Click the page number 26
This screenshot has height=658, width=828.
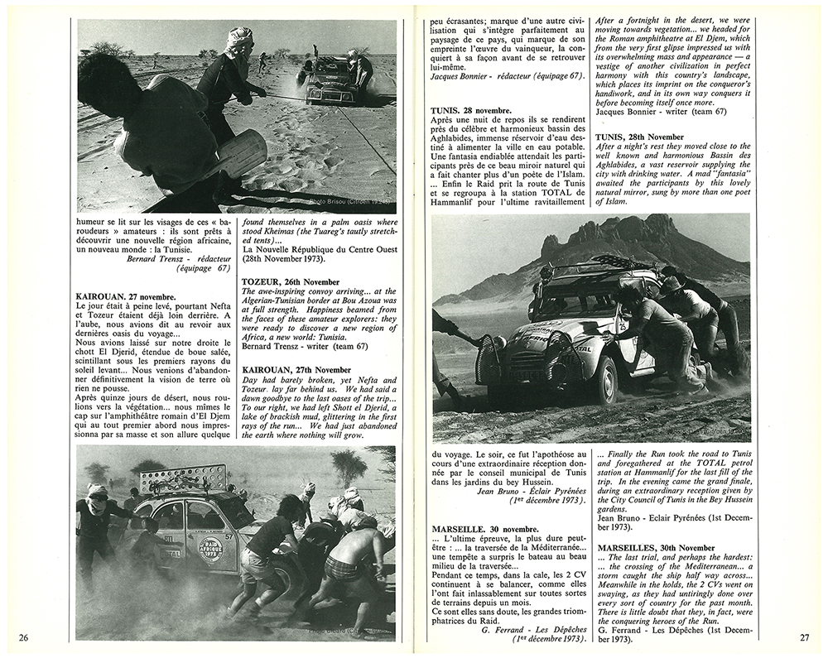point(24,636)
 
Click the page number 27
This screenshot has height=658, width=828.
point(804,637)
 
